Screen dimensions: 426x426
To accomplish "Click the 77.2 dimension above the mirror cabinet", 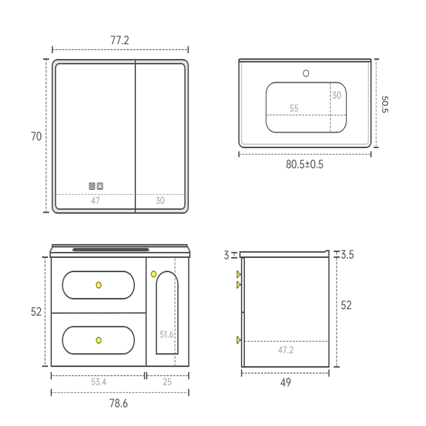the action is (120, 40).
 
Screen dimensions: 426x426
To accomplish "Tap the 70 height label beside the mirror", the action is (36, 136).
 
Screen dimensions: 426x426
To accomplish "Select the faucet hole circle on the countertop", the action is (306, 73).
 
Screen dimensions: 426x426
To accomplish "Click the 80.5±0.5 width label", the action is (305, 165).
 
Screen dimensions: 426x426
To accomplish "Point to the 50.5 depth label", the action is (385, 104).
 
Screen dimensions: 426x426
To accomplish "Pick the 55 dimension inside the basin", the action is (294, 109).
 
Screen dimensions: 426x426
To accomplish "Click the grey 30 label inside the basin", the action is (337, 95).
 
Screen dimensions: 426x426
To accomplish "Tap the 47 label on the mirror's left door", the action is (95, 201).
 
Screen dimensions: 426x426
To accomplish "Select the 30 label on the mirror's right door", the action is (160, 201).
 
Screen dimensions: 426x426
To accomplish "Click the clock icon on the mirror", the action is (100, 186).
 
